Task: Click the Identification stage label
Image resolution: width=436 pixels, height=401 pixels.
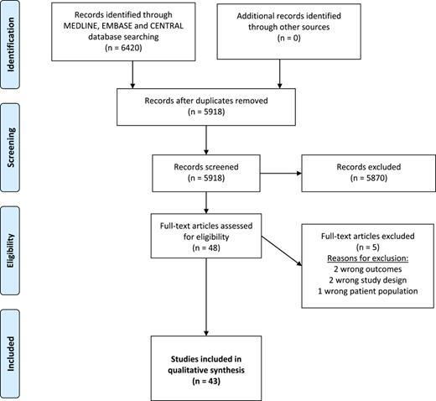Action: pos(10,44)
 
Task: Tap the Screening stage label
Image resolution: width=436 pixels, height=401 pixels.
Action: pos(10,148)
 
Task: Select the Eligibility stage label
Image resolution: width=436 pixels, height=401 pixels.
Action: pos(10,251)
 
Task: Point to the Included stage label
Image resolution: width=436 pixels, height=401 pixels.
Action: pos(10,354)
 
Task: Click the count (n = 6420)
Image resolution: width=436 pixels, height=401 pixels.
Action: pos(123,48)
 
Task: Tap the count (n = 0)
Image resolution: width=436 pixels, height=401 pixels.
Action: pos(289,38)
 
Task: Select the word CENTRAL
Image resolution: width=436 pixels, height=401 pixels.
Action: pos(167,26)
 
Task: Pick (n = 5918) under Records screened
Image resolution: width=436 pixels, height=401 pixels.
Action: pos(206,178)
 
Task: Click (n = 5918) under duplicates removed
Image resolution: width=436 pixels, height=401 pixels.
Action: pos(206,112)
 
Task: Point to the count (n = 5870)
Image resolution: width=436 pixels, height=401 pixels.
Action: pos(369,178)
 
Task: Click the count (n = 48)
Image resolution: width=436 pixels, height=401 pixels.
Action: pos(206,247)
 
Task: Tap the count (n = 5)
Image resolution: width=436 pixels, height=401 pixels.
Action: pos(368,247)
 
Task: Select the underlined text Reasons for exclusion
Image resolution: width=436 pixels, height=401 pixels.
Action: pos(368,258)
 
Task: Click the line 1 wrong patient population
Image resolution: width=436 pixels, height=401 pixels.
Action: pos(368,291)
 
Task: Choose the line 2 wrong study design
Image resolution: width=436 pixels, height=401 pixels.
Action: pos(368,280)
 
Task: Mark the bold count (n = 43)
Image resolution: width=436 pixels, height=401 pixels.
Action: pos(206,381)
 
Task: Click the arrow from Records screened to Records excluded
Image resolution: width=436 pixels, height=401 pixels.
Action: pos(281,174)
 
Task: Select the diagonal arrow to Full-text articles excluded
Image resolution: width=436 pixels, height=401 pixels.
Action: pos(282,251)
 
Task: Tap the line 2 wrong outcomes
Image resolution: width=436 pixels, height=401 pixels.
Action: pos(368,269)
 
